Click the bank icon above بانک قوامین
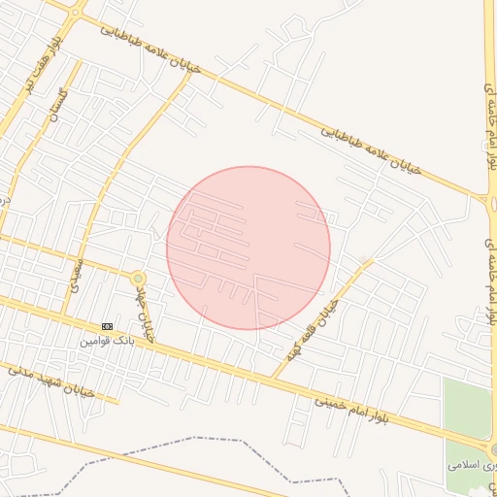coord(107,326)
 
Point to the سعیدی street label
coord(78,275)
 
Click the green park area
coord(468,408)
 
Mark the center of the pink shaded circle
coord(248,248)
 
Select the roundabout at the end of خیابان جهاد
coord(139,279)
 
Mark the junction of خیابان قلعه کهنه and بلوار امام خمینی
coord(276,377)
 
